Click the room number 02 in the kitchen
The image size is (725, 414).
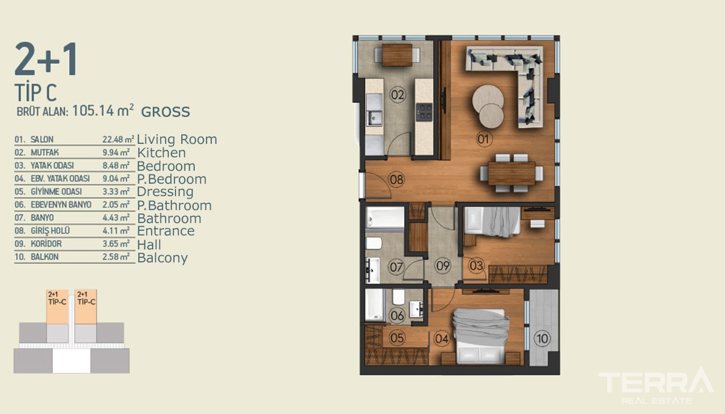tap(398, 95)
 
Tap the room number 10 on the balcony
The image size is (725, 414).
tap(543, 338)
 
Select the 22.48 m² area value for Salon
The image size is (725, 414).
tap(118, 139)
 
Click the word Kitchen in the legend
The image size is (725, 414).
tap(162, 153)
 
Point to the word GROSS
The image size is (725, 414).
tap(165, 112)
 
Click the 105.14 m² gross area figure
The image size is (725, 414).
tap(103, 110)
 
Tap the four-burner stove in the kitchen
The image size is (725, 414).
tap(424, 112)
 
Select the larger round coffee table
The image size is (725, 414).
tap(488, 99)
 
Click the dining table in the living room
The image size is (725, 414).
tap(512, 173)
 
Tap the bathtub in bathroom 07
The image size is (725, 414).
tap(385, 217)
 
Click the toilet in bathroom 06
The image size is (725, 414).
tap(398, 297)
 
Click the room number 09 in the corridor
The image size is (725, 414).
tap(443, 265)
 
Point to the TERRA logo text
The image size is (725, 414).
tap(656, 382)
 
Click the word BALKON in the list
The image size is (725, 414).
tap(45, 257)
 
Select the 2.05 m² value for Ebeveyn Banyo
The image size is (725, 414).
tap(116, 205)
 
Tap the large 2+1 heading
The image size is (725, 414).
tap(46, 59)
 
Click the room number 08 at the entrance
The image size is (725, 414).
tap(397, 179)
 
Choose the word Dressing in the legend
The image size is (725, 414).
tap(165, 192)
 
